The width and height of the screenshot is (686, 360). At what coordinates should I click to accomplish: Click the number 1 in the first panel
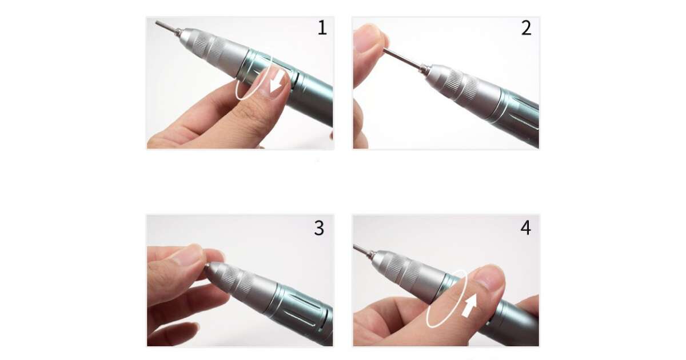[322, 28]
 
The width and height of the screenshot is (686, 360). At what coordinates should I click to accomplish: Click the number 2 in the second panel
[526, 28]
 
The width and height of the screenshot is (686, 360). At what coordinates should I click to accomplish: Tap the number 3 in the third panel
[319, 228]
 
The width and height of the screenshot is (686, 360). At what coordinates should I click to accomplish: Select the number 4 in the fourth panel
[525, 228]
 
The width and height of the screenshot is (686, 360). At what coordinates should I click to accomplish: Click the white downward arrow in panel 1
[277, 82]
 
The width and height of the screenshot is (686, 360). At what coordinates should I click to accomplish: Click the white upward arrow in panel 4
[469, 306]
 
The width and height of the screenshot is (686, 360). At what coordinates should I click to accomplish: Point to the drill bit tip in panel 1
[157, 23]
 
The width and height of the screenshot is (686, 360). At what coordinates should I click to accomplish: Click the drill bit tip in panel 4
[355, 246]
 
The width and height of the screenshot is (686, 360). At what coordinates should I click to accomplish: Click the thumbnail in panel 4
[490, 278]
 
